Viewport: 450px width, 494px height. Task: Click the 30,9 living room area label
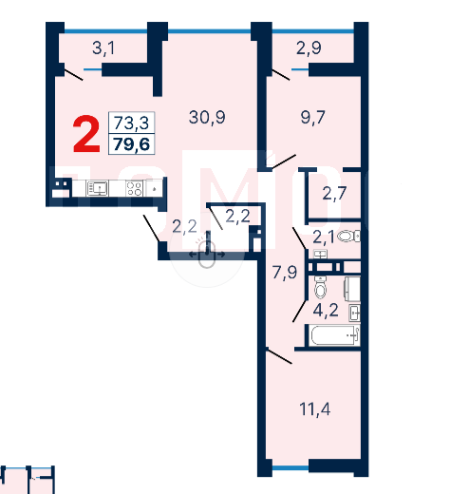[207, 118]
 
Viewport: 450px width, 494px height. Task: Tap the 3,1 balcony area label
[103, 48]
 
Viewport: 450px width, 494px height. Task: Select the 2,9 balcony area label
[309, 48]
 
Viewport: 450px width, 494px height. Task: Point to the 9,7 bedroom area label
[312, 118]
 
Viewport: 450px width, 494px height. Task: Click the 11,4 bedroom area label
[315, 409]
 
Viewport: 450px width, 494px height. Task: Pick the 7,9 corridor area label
[285, 273]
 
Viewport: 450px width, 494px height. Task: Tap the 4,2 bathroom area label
[326, 310]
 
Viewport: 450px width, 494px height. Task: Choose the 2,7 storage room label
[334, 193]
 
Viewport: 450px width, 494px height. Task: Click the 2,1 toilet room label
[324, 237]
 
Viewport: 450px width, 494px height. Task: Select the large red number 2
[86, 134]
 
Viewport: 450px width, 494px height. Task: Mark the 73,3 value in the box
[131, 123]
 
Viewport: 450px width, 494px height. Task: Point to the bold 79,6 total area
[131, 144]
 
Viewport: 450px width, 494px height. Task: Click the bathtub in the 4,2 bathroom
[335, 335]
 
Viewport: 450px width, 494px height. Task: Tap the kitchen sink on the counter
[98, 188]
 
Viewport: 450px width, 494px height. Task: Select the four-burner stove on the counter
[134, 188]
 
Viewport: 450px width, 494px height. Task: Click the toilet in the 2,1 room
[348, 236]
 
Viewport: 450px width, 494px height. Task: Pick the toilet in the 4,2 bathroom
[320, 287]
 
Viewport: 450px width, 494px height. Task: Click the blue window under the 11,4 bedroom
[291, 467]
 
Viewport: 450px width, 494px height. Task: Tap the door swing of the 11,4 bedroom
[278, 355]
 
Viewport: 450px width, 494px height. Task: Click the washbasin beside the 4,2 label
[354, 313]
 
